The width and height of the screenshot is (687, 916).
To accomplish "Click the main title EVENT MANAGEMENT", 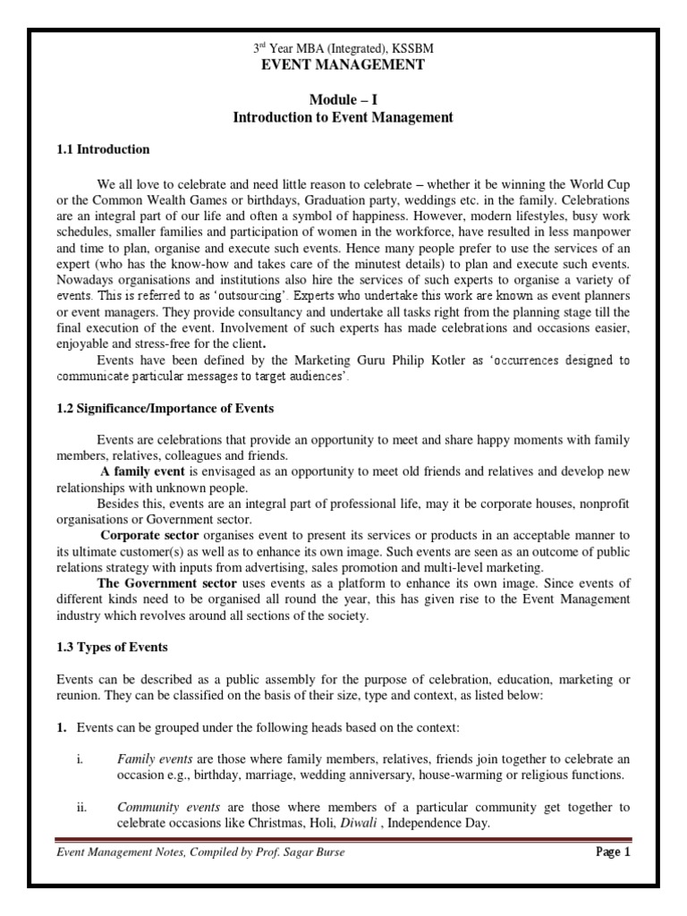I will coord(343,64).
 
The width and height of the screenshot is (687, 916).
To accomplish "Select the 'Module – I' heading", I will coord(343,101).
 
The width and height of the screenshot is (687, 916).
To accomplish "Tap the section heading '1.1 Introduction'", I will coord(104,149).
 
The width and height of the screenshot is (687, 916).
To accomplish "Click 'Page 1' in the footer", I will coord(613,852).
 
